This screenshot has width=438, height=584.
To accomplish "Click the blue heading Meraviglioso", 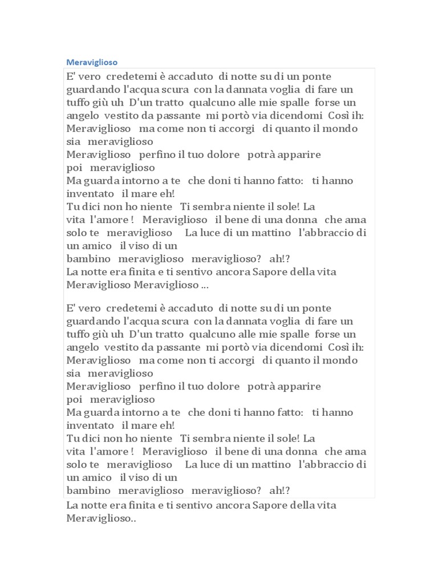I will coord(92,61).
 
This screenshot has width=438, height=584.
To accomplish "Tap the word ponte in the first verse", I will coord(316,76).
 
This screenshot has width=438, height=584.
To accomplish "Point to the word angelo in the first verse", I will coord(83,116).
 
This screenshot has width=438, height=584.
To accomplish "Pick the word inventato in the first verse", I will coord(90,193).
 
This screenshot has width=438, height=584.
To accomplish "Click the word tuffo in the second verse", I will coord(79,334).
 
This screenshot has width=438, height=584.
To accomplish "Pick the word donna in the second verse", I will coord(302,451).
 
